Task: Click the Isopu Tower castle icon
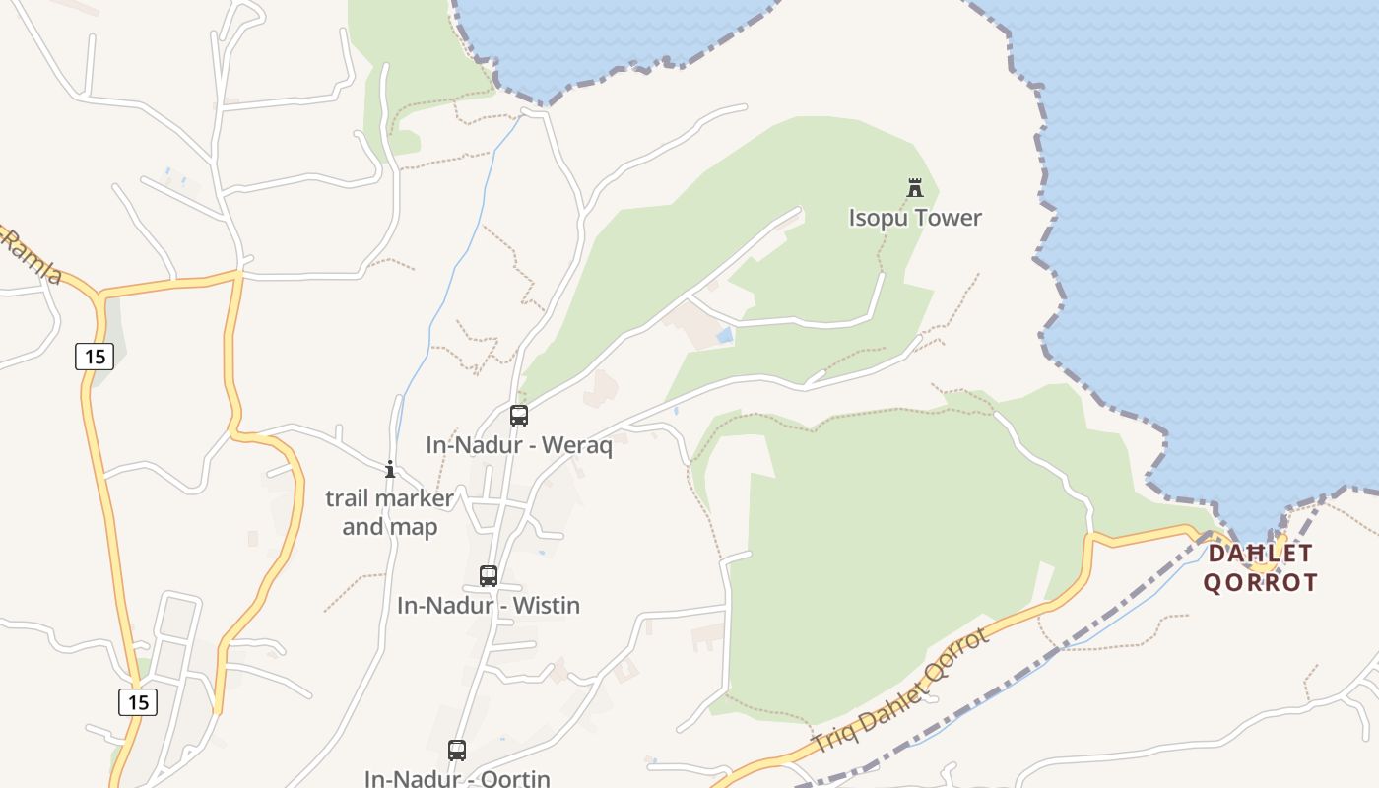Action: [x=915, y=187]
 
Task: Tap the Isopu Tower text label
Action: [x=915, y=218]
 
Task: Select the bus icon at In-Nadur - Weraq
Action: [x=519, y=416]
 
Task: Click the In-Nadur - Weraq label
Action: [x=519, y=445]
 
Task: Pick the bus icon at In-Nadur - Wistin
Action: [x=489, y=576]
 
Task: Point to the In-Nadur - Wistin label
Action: [x=489, y=605]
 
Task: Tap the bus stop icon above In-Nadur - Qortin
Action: [x=457, y=751]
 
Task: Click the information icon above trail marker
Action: [x=390, y=469]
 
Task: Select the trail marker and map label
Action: [x=390, y=512]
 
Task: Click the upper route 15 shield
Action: [x=95, y=356]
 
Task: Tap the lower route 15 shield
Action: [x=138, y=702]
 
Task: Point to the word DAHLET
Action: [x=1261, y=554]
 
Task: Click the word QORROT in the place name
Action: [x=1261, y=582]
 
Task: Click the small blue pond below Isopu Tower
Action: [x=725, y=336]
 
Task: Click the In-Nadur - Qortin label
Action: [x=457, y=778]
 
